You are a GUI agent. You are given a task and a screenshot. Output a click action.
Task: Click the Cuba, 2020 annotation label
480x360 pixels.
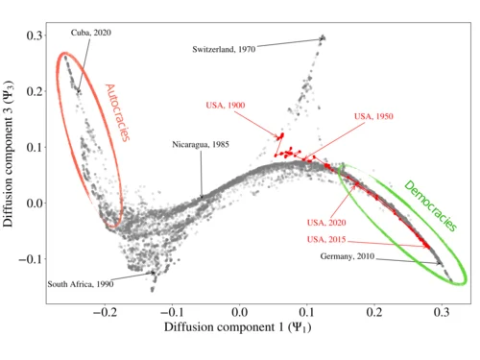point(91,33)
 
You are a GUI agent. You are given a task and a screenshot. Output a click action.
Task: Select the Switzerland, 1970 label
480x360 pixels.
point(224,49)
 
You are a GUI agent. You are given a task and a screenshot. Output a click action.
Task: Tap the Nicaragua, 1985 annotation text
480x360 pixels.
point(201,145)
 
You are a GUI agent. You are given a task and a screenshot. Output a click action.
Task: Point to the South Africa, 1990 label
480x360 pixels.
point(81,284)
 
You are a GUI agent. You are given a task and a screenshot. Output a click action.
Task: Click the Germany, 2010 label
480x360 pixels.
point(348,256)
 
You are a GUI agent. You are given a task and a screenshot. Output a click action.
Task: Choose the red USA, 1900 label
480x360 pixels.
point(226,106)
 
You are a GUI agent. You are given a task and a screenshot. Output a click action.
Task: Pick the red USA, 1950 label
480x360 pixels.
point(373,116)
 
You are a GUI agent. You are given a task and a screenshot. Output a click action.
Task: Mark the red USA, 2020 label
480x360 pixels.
point(326,223)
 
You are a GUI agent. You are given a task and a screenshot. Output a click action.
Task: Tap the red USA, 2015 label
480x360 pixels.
point(326,239)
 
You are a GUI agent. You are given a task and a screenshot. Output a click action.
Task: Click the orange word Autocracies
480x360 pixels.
point(117,112)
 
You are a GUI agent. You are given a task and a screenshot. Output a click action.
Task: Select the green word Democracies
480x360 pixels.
point(430,205)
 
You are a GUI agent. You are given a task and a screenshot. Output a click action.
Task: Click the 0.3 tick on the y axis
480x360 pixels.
point(34,36)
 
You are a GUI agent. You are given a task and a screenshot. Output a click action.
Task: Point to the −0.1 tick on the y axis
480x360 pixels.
point(30,259)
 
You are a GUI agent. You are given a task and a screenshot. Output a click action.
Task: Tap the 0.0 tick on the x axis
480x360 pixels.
point(239,312)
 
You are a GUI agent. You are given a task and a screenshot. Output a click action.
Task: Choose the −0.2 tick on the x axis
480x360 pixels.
point(105,312)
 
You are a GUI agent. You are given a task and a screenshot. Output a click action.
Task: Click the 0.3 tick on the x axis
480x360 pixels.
point(442,312)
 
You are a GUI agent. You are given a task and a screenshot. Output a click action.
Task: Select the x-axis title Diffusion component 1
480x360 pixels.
point(237,327)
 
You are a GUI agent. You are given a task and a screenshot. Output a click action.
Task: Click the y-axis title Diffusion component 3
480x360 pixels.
point(9,154)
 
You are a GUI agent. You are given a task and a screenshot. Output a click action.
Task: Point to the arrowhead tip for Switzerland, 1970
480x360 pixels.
point(323,38)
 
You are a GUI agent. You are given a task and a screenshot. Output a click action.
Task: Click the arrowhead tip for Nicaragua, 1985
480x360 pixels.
point(202,199)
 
